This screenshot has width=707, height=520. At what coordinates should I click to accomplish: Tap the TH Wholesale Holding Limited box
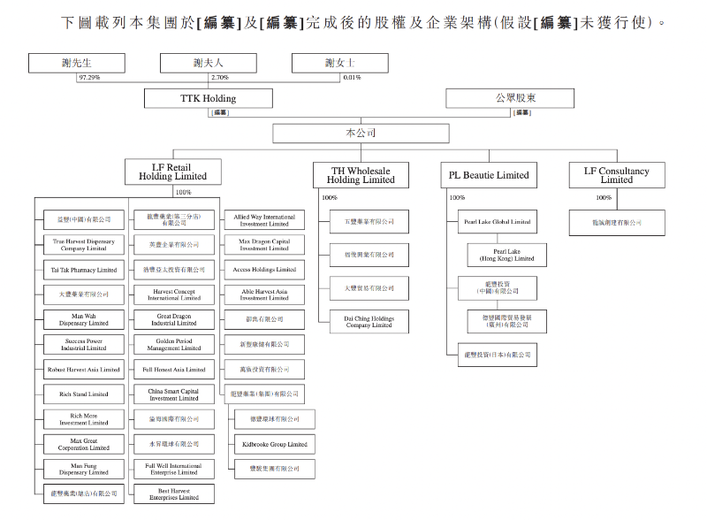tap(361, 174)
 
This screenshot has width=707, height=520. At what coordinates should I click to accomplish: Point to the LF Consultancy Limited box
tap(616, 174)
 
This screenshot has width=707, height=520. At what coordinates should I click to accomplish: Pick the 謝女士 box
tap(340, 63)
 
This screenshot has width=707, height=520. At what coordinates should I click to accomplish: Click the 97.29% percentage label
tap(89, 78)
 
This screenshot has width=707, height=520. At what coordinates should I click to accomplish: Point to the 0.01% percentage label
tap(352, 78)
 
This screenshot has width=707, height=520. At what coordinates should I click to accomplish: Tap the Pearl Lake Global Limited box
tap(497, 222)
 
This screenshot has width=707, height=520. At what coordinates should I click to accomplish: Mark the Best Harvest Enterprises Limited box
tap(173, 493)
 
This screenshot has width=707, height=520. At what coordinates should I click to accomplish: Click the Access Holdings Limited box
tap(264, 269)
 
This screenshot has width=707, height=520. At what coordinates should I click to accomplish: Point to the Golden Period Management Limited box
tap(173, 345)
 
